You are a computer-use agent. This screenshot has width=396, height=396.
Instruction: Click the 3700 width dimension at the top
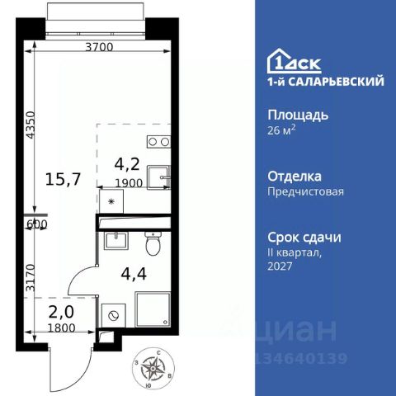click(x=99, y=48)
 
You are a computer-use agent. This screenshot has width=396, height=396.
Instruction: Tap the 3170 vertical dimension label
click(x=31, y=268)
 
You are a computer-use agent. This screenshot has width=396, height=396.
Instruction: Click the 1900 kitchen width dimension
click(x=134, y=183)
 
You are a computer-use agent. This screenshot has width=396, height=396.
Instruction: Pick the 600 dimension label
click(x=36, y=224)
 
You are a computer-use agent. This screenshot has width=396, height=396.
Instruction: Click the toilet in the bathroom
click(x=152, y=245)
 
